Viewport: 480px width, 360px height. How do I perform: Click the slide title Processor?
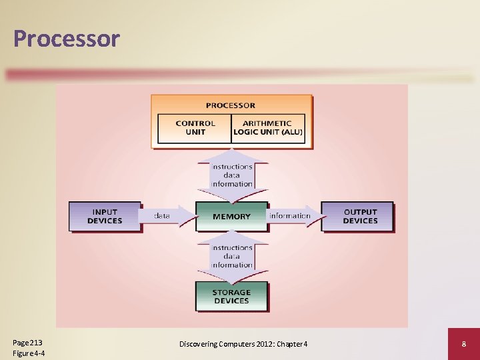point(66,39)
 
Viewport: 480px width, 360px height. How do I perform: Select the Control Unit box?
point(195,128)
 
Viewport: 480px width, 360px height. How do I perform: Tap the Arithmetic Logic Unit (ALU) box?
point(267,128)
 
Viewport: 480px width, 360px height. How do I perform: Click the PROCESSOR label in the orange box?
point(231,105)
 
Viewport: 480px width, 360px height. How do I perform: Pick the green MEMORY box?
point(231,217)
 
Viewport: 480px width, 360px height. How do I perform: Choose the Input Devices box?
point(105,217)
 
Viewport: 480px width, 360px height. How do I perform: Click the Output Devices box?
point(360,217)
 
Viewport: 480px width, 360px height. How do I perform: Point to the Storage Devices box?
point(231,297)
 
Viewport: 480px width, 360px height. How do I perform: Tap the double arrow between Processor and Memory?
point(232,175)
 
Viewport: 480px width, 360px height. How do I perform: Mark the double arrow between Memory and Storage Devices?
point(232,257)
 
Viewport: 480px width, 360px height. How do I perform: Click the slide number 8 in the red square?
point(463,343)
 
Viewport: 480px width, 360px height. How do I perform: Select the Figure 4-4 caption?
point(29,353)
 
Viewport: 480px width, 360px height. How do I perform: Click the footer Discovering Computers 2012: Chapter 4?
point(243,343)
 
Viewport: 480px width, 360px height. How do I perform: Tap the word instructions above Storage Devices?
point(232,248)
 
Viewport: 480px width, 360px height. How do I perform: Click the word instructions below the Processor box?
point(232,167)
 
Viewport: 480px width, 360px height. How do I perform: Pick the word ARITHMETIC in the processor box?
point(267,123)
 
